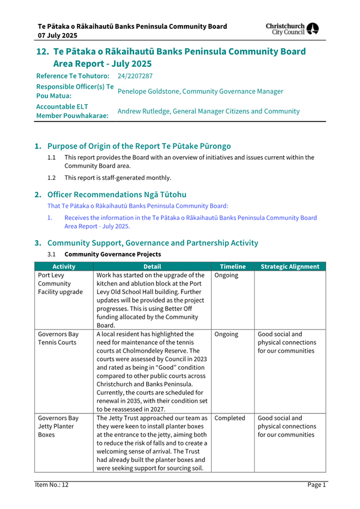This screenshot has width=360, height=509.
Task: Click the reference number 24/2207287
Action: (x=135, y=76)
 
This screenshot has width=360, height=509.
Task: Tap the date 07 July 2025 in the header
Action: (x=57, y=36)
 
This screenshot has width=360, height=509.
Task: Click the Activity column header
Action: (x=63, y=267)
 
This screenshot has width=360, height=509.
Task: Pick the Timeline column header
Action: (x=233, y=267)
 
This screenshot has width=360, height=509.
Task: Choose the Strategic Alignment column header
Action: (x=290, y=267)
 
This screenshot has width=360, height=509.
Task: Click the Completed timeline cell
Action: (x=230, y=418)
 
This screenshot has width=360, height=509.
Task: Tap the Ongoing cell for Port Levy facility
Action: (x=226, y=276)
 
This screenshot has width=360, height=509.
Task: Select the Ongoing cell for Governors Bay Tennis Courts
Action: (x=226, y=335)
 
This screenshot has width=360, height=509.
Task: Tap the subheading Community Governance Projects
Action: (x=113, y=254)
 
